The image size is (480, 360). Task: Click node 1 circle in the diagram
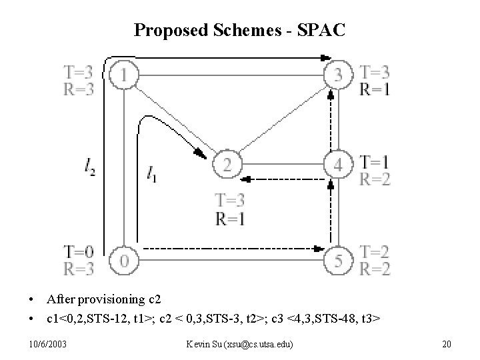(x=124, y=74)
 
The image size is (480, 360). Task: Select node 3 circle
(x=339, y=74)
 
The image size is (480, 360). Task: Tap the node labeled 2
(x=227, y=164)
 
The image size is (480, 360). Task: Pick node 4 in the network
(x=339, y=164)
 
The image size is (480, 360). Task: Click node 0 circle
(x=124, y=259)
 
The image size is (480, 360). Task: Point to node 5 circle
(x=339, y=260)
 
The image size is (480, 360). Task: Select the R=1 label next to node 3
(x=375, y=89)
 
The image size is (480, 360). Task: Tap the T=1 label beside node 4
(x=375, y=161)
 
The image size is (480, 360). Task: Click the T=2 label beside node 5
(x=375, y=252)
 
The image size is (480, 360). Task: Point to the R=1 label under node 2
(x=230, y=218)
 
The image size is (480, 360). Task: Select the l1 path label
(x=152, y=175)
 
